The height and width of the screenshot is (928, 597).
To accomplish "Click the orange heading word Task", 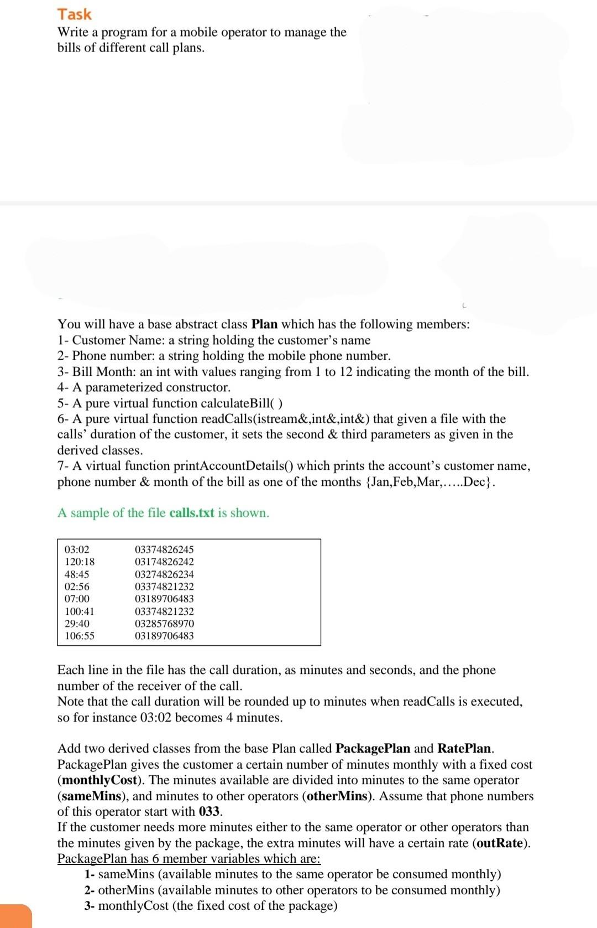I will tap(75, 14).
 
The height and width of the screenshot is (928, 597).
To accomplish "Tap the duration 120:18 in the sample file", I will tap(80, 562).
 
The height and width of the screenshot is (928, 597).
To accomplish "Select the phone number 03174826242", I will tap(164, 562).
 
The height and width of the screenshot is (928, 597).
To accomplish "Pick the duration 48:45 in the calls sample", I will tap(77, 574).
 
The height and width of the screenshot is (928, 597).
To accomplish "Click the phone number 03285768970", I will tap(164, 624).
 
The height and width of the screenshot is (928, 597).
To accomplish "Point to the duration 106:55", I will tap(80, 636).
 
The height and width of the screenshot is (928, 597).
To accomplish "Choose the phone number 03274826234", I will tap(164, 574).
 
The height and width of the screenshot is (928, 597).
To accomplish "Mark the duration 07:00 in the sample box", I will tap(77, 599).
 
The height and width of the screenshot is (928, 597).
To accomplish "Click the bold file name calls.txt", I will tap(191, 513).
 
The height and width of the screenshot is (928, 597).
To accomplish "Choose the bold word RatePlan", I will tap(464, 749).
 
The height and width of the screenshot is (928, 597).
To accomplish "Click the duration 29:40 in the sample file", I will tap(77, 624).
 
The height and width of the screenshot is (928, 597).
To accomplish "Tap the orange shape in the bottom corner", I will tap(15, 916).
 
